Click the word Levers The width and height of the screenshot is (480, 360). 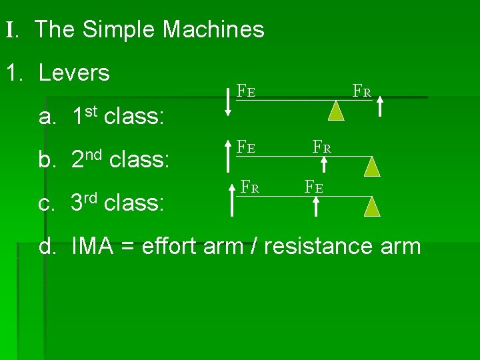tap(75, 73)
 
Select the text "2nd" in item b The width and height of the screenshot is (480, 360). tap(87, 160)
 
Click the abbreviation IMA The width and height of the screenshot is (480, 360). tap(95, 246)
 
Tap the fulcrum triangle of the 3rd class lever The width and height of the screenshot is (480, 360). tap(373, 206)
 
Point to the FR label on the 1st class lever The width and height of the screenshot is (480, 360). tap(362, 90)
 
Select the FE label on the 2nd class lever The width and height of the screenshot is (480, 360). tap(246, 146)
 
